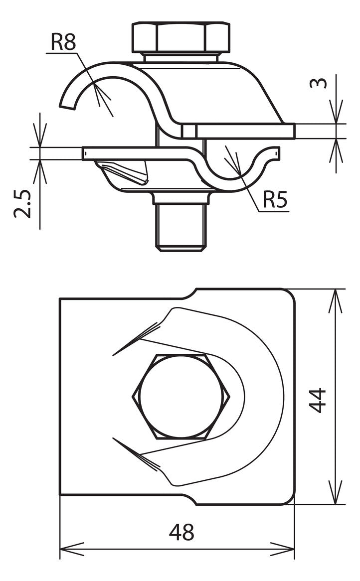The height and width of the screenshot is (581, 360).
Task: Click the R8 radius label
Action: click(63, 42)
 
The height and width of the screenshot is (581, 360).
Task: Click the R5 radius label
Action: click(275, 200)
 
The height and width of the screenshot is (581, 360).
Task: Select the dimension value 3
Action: click(319, 83)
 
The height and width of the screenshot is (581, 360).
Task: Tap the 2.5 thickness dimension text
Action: click(22, 204)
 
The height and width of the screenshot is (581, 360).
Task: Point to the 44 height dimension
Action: click(318, 400)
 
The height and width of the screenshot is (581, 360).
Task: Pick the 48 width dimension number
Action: click(181, 532)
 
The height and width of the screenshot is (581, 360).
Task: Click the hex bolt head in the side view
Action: click(181, 38)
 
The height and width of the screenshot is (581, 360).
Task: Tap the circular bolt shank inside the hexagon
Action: click(181, 397)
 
